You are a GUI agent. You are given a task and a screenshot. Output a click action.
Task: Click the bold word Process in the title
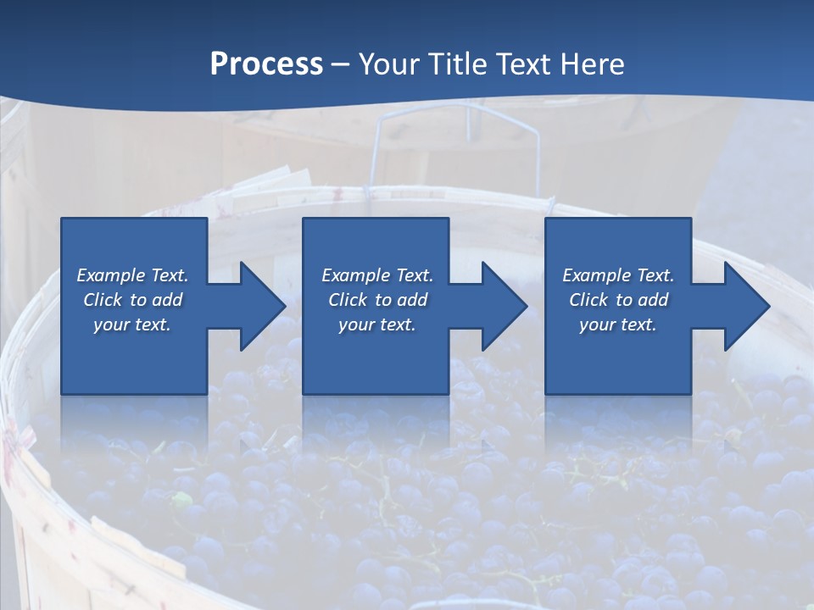[266, 64]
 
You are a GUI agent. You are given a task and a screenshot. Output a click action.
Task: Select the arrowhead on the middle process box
[503, 306]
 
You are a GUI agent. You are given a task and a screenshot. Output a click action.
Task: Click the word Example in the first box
[110, 275]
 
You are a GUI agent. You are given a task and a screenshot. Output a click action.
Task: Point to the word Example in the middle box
[355, 275]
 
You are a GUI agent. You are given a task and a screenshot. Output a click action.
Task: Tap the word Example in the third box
[596, 275]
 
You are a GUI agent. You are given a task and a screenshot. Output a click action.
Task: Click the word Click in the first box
[103, 300]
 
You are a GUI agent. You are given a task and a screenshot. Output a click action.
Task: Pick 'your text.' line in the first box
[132, 324]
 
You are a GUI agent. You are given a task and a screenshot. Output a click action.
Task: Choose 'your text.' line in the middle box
[377, 324]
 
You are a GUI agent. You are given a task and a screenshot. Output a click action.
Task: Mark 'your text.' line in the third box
[618, 324]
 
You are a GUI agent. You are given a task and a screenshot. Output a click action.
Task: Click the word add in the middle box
[412, 300]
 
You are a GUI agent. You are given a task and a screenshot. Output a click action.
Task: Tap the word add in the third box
[653, 300]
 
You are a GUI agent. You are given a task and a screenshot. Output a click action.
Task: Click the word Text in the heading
[524, 64]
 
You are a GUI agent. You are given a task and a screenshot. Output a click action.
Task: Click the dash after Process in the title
[340, 64]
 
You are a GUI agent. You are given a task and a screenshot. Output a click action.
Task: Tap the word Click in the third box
[589, 300]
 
